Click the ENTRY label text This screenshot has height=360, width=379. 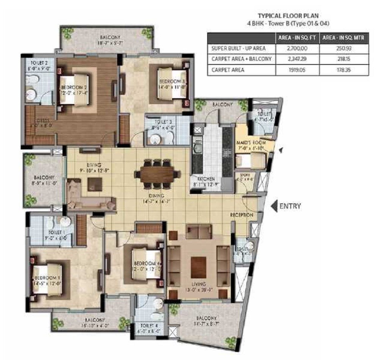290,206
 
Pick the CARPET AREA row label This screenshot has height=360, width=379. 228,70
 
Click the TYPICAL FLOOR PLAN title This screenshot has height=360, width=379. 288,16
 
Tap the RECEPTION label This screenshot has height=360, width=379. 241,215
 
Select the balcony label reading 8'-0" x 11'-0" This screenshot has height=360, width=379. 44,180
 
